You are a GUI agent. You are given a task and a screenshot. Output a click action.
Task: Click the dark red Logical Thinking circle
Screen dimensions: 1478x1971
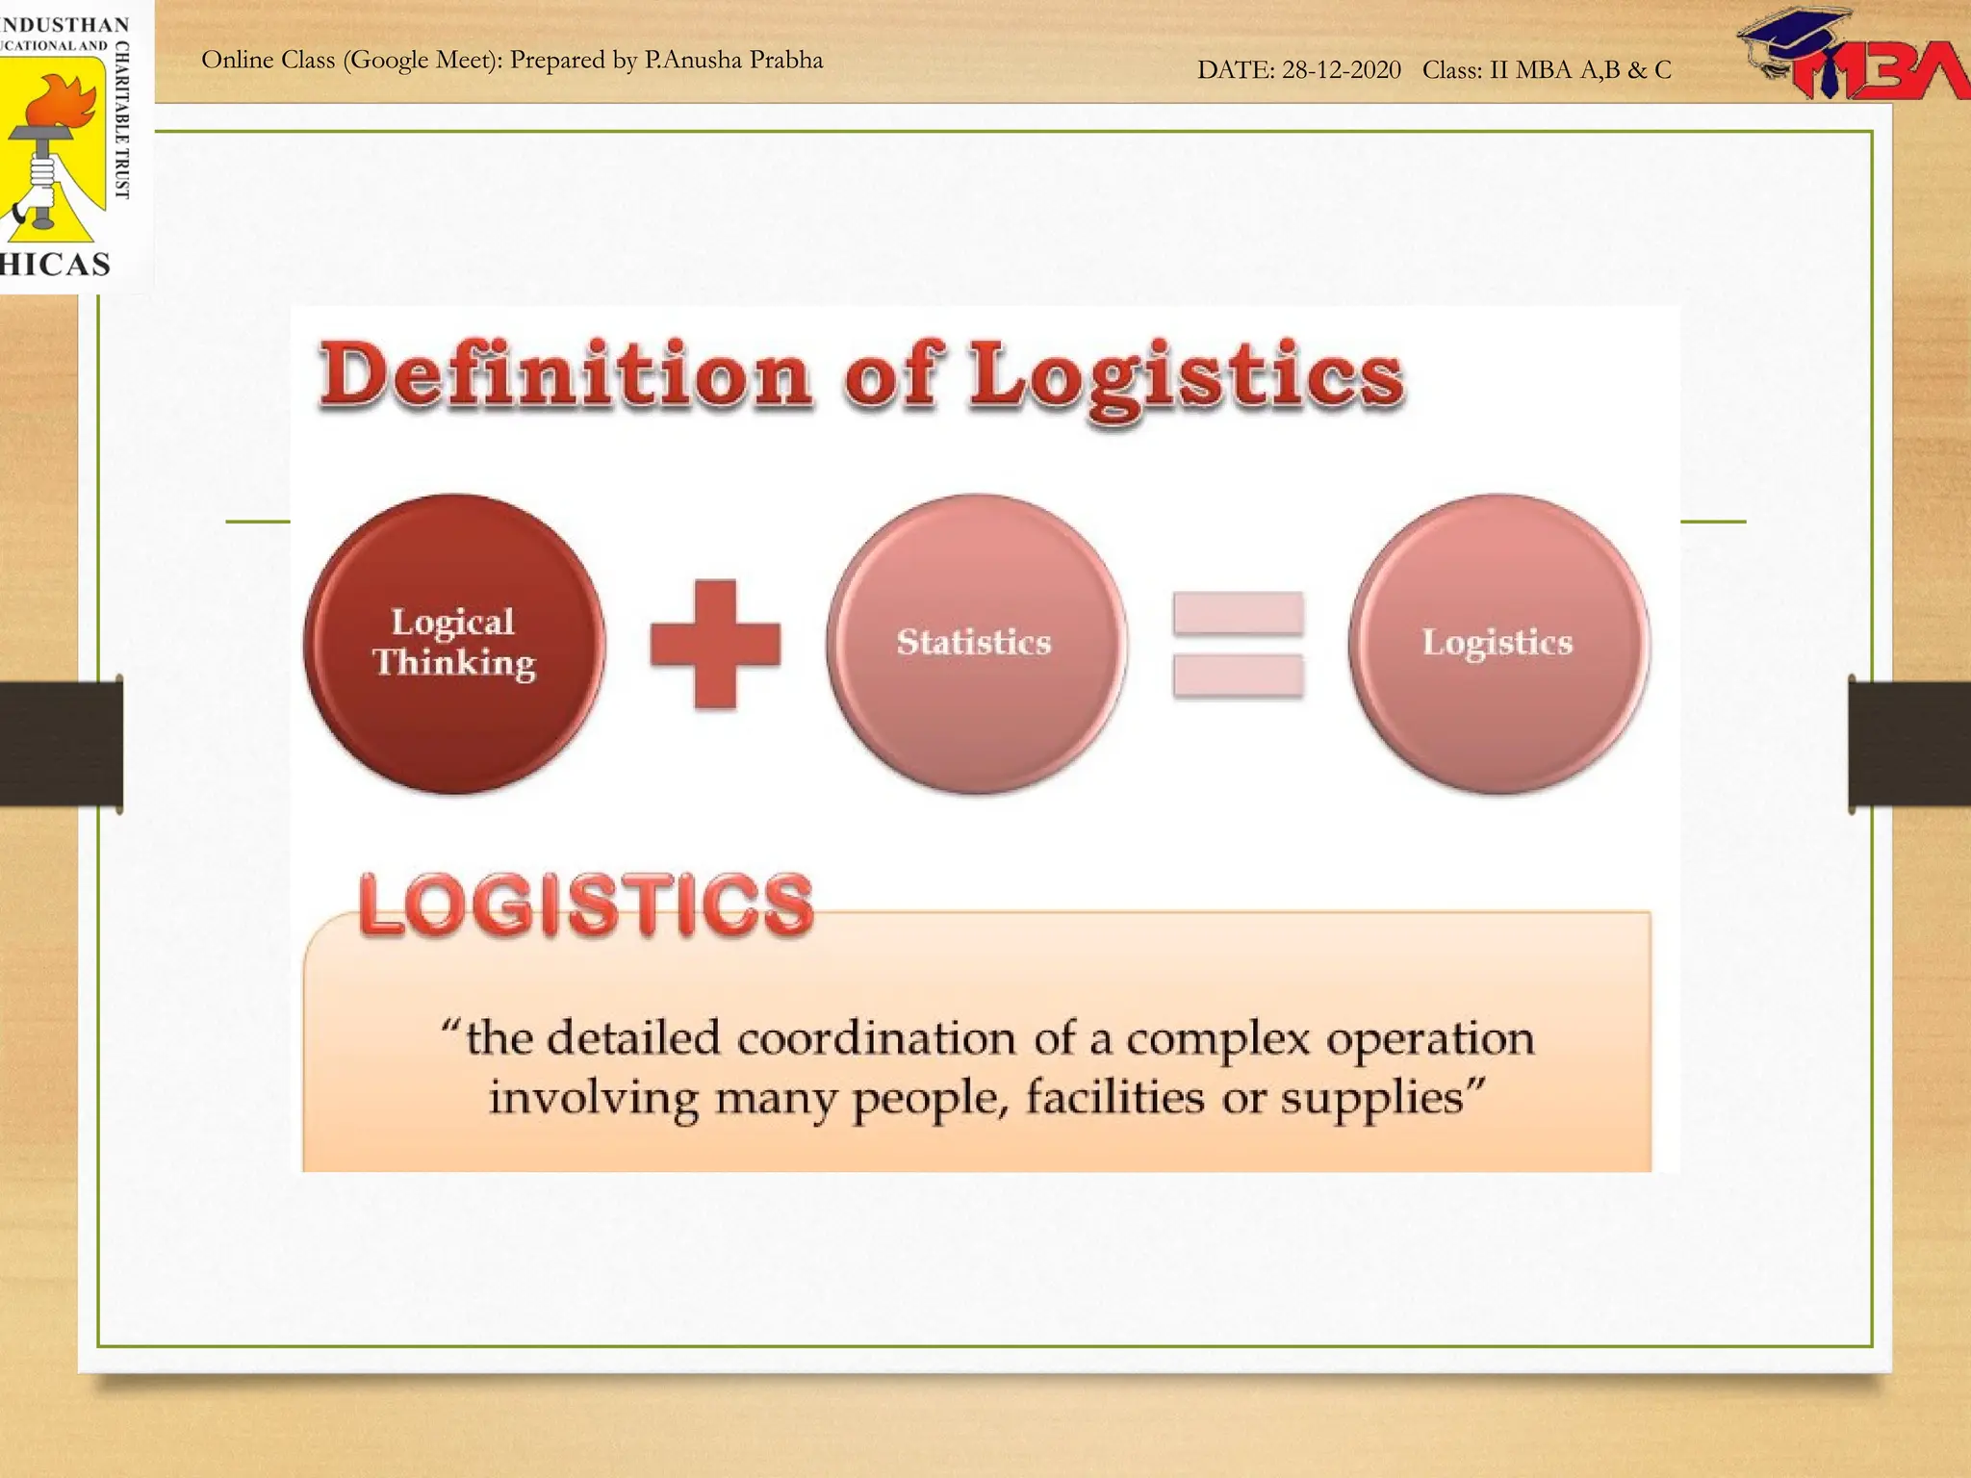click(x=454, y=643)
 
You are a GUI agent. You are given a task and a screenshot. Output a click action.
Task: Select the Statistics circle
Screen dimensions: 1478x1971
click(x=976, y=643)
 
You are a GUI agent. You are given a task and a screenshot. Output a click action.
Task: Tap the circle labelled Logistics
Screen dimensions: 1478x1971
click(x=1498, y=643)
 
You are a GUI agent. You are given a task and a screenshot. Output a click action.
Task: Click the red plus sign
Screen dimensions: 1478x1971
click(x=715, y=644)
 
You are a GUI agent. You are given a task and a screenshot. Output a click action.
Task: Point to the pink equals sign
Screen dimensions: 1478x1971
click(x=1238, y=644)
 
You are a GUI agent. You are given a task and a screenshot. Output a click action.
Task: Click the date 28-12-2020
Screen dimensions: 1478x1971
click(x=1341, y=70)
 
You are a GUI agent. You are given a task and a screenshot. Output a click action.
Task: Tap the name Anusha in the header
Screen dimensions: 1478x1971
click(x=703, y=61)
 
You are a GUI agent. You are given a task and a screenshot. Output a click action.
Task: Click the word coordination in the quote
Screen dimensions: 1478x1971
click(x=877, y=1039)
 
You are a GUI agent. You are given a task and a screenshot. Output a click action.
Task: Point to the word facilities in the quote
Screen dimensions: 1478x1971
click(x=1114, y=1098)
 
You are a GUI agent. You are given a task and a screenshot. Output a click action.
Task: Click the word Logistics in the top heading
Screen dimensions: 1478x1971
click(x=1186, y=375)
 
